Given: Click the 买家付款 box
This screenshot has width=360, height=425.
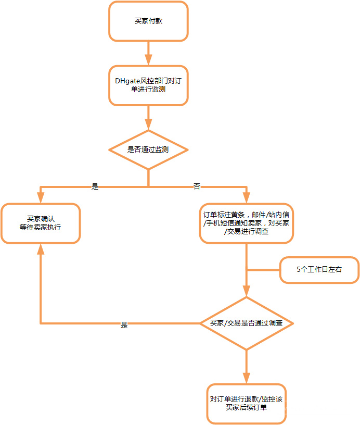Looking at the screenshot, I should coord(148,21).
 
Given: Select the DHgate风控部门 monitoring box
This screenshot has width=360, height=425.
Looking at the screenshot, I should coord(148,85).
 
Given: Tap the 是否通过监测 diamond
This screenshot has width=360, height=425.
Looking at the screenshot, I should coord(148,149).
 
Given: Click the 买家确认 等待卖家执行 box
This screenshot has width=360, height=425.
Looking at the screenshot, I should coord(41,223).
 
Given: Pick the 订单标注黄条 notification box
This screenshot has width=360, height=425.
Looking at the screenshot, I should coord(246,223).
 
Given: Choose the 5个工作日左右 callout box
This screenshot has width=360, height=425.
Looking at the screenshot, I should coord(319,270).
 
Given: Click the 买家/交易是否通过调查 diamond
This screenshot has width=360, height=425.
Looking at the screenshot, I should coord(246,323).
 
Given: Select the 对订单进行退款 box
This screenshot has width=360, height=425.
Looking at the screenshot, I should coord(246,403).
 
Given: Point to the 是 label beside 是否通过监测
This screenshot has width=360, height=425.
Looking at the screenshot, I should coord(95,186).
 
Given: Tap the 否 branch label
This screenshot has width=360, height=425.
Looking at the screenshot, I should coord(197,186).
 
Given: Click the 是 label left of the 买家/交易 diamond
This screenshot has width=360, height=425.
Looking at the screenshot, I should coord(124,324).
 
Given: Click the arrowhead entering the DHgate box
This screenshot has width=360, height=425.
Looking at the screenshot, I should coord(148,59).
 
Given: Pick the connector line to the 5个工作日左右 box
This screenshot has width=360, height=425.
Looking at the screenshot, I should coord(263,270).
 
